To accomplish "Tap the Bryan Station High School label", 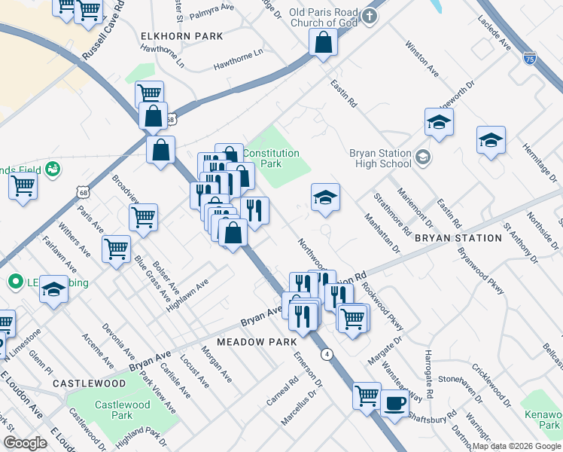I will coord(380,158).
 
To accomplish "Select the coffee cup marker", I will coord(394,402).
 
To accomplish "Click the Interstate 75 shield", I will coord(531,57).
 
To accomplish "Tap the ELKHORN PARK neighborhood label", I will coord(182,35).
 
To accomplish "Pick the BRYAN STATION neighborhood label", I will coord(458,238).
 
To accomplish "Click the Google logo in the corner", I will coord(25,442).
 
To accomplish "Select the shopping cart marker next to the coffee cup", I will coord(367,395).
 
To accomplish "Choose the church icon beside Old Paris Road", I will coord(370,16).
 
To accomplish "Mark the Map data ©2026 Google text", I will coord(516,446).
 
